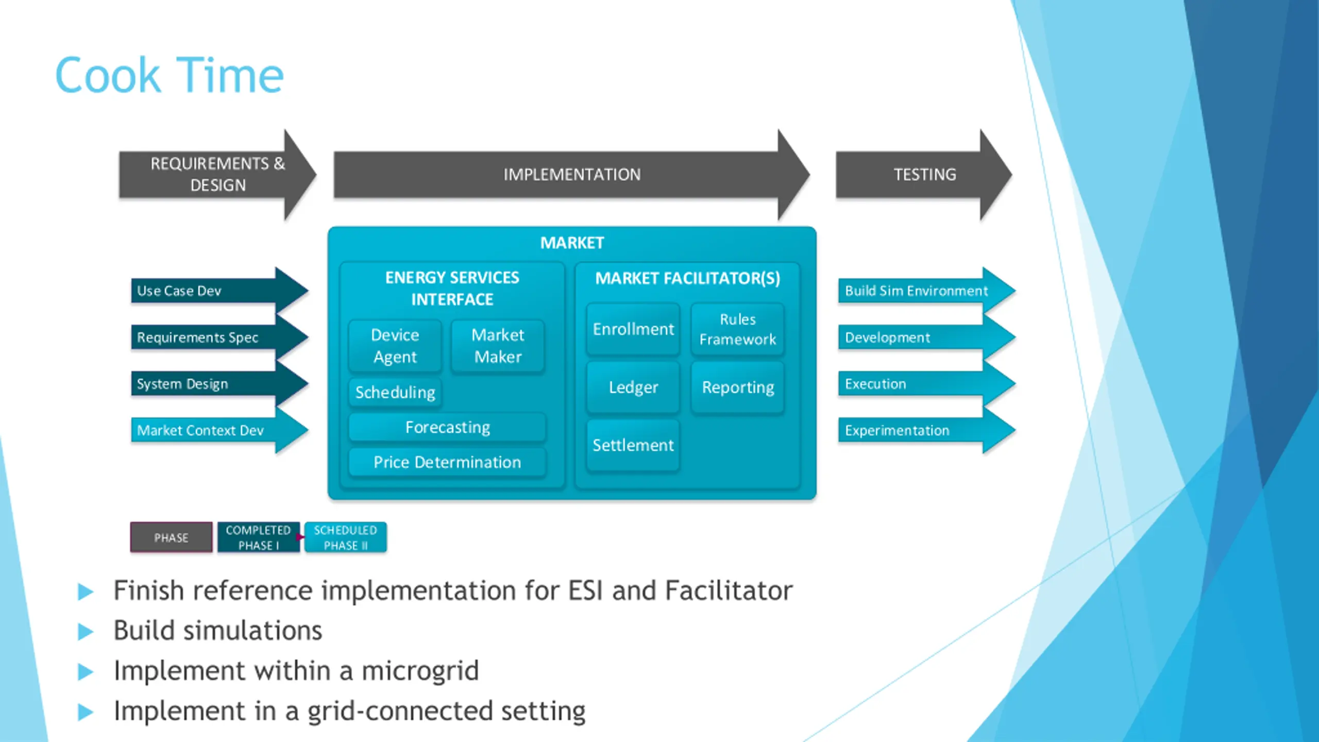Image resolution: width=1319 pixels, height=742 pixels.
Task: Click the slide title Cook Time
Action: tap(169, 75)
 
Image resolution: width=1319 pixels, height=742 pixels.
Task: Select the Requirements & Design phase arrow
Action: tap(217, 175)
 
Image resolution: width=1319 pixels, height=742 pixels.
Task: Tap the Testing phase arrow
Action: tap(924, 175)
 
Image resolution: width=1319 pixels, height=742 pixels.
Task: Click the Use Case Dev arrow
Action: tap(219, 291)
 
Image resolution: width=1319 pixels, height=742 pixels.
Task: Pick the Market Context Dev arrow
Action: tap(219, 430)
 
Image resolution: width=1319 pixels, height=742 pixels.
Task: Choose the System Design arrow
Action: tap(219, 384)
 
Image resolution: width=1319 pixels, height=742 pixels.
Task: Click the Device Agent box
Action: tap(395, 346)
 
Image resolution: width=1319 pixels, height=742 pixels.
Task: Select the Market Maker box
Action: tap(498, 346)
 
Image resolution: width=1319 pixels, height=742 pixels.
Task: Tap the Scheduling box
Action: tap(395, 393)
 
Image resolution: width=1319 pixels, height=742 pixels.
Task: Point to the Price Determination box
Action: tap(447, 462)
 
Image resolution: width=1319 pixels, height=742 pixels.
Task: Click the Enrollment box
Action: tap(633, 329)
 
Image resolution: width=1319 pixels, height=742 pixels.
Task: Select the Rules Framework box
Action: tap(738, 329)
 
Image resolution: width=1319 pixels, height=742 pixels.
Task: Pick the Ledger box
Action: tap(633, 387)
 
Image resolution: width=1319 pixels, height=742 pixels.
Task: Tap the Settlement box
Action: tap(633, 445)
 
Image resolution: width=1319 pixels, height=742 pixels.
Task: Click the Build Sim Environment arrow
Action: tap(926, 291)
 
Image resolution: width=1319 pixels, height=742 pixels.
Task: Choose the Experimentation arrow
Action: tap(926, 430)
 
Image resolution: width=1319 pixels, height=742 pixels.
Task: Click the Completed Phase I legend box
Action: tap(258, 537)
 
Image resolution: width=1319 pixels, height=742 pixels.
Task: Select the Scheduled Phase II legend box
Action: tap(345, 537)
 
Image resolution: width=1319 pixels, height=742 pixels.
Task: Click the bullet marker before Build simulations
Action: tap(86, 632)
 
